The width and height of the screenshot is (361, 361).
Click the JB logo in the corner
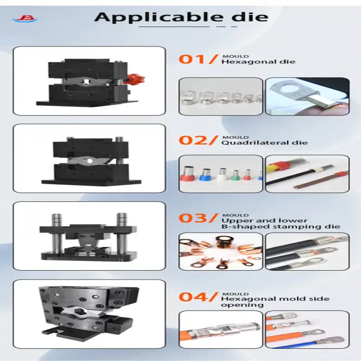pyautogui.click(x=25, y=19)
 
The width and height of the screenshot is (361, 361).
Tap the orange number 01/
pyautogui.click(x=198, y=59)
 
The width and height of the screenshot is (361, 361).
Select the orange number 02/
pyautogui.click(x=198, y=140)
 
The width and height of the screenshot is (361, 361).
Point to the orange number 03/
pyautogui.click(x=198, y=218)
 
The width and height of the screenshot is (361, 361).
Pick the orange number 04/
pyautogui.click(x=198, y=297)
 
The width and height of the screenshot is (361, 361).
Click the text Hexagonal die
pyautogui.click(x=258, y=62)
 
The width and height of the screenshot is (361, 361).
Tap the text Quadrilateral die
pyautogui.click(x=264, y=143)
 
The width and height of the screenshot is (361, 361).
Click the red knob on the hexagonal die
pyautogui.click(x=135, y=79)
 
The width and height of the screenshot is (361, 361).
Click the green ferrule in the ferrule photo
pyautogui.click(x=235, y=176)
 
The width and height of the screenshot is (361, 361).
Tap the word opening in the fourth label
pyautogui.click(x=242, y=305)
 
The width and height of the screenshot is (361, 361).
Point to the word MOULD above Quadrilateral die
pyautogui.click(x=236, y=137)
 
